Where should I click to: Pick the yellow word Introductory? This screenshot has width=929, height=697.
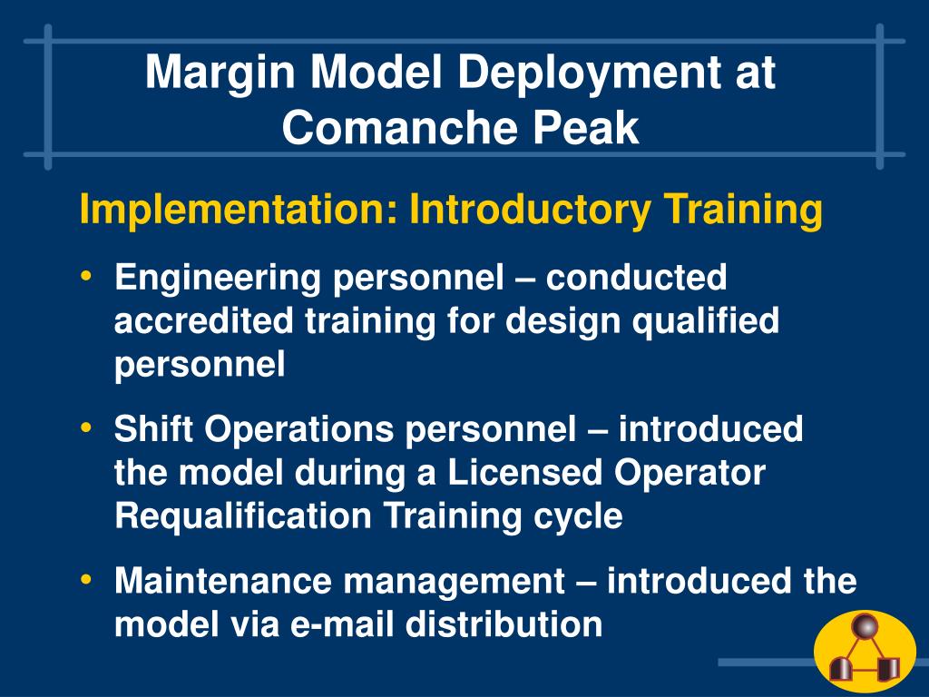click(530, 210)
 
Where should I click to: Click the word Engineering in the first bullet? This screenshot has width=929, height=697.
click(218, 279)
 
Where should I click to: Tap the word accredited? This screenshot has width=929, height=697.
click(203, 320)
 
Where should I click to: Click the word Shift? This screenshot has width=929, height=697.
click(153, 428)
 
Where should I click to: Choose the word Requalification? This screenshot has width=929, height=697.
click(243, 516)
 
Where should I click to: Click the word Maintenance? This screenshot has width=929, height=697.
click(223, 581)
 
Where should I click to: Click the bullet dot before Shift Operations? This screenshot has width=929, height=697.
click(86, 427)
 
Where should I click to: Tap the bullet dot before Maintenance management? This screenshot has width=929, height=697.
click(86, 579)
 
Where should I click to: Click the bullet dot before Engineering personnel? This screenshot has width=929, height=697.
click(86, 276)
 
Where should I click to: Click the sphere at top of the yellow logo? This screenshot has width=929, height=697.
click(865, 626)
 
